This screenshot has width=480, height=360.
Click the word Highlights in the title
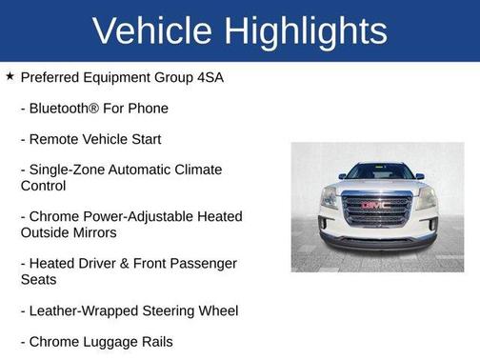pos(305,30)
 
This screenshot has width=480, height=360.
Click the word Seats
pos(39,279)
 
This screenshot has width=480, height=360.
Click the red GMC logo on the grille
pos(376,204)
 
